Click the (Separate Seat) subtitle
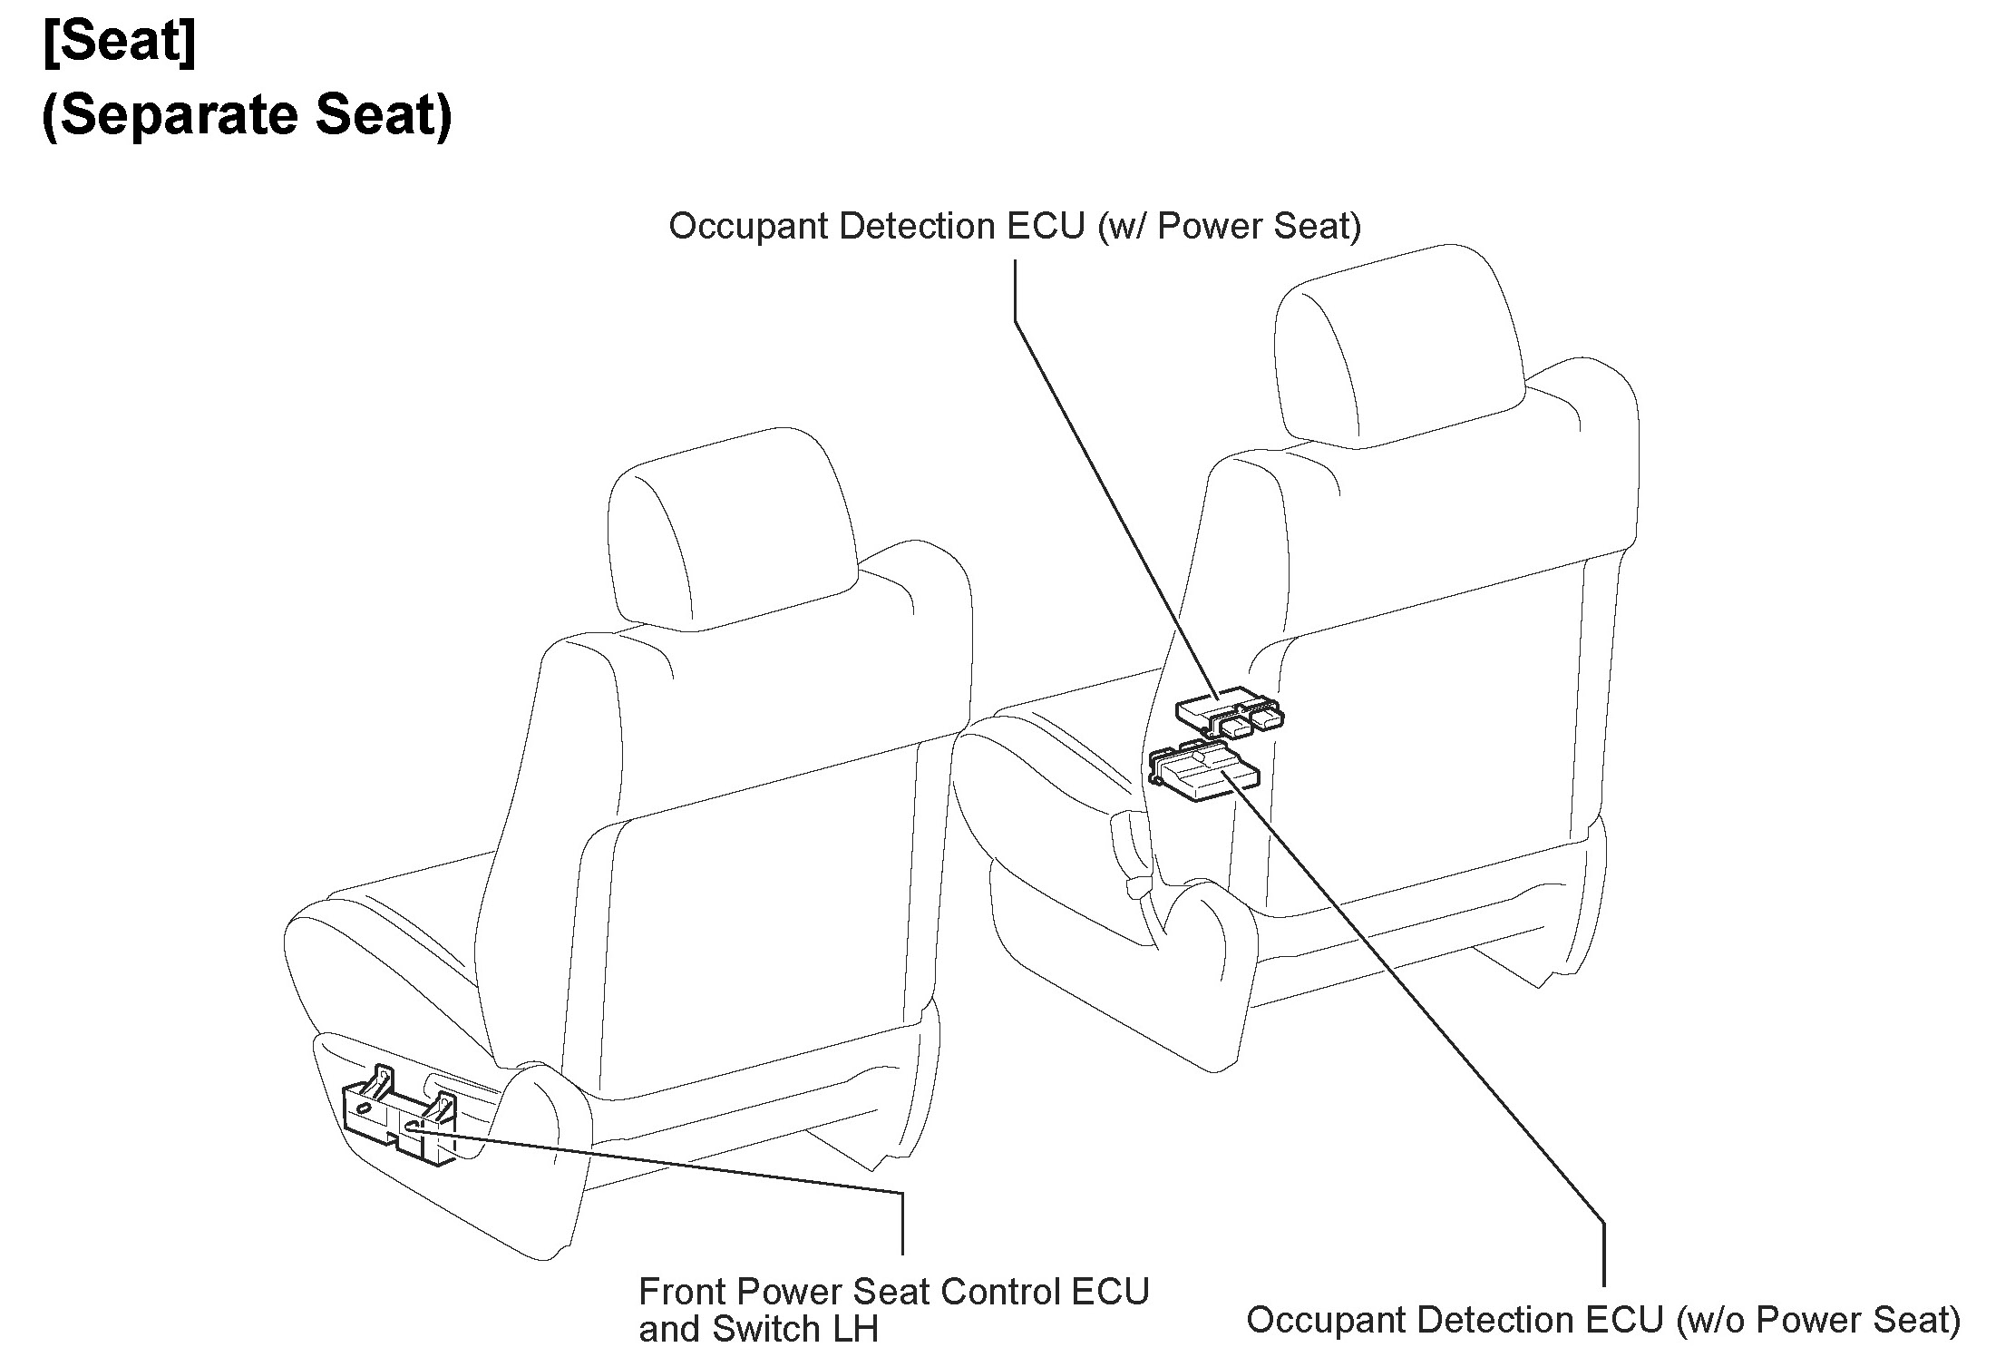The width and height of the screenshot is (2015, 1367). pyautogui.click(x=247, y=115)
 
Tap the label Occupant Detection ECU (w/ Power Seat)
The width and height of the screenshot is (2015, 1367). pyautogui.click(x=1014, y=226)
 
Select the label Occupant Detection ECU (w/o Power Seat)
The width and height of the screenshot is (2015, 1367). pyautogui.click(x=1602, y=1320)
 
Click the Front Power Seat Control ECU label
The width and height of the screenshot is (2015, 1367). pyautogui.click(x=893, y=1292)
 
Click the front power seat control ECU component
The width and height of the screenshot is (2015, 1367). pyautogui.click(x=399, y=1120)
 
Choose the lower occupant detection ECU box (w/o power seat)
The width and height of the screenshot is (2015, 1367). pyautogui.click(x=1202, y=771)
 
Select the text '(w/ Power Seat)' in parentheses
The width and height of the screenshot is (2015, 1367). pyautogui.click(x=1229, y=226)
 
